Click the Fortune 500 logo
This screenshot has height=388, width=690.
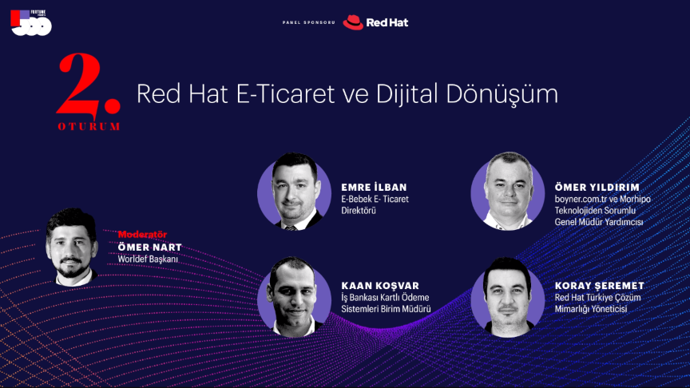point(31,23)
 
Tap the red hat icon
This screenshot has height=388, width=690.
point(353,22)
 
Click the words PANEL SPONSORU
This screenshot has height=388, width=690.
point(308,22)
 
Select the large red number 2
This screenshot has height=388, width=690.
point(88,85)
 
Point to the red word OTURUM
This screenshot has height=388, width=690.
point(89,127)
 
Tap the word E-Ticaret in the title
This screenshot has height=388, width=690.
point(286,93)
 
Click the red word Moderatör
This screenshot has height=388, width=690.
point(142,235)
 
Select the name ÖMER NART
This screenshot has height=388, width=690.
point(149,247)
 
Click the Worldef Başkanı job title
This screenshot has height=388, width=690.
point(148,259)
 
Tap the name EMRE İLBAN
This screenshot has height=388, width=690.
point(374,187)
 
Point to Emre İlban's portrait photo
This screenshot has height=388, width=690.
point(295,192)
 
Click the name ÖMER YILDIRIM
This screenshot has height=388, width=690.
point(597,188)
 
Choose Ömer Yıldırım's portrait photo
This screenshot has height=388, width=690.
point(508,192)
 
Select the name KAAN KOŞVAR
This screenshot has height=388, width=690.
point(380,286)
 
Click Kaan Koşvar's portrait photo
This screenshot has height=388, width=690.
point(295,297)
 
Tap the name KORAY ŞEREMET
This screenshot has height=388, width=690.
point(599,286)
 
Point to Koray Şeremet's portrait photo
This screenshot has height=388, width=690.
point(508,297)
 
